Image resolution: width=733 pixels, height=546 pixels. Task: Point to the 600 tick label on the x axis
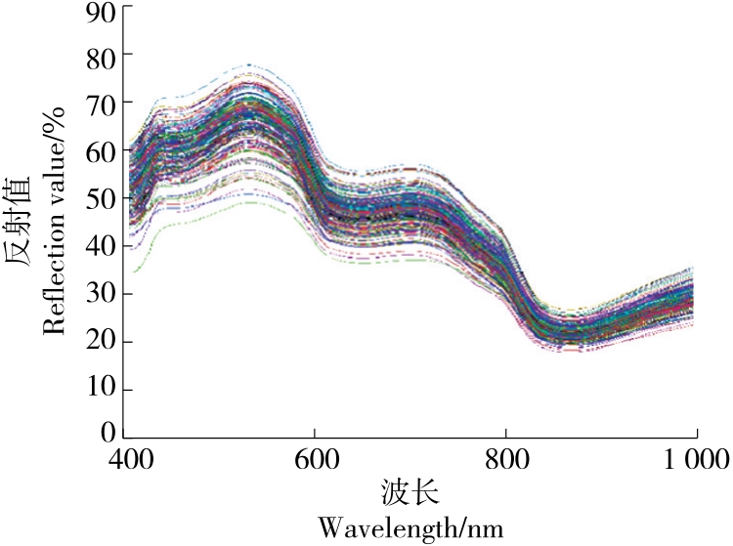tap(315, 458)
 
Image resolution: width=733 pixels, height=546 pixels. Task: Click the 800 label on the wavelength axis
tap(505, 458)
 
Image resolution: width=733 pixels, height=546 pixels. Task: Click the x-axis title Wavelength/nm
tap(411, 528)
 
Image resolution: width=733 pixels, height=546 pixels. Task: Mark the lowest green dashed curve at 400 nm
tap(134, 271)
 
